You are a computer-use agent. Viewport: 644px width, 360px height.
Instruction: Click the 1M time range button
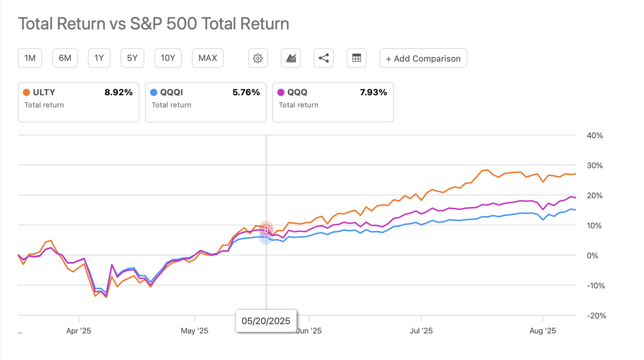[x=30, y=58]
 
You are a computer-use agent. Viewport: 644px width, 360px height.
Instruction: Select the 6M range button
[x=65, y=58]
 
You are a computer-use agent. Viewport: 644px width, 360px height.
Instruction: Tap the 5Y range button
[x=132, y=58]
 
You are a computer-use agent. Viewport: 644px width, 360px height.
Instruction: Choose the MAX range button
[x=208, y=58]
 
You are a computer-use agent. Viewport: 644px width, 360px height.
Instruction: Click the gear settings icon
[x=258, y=58]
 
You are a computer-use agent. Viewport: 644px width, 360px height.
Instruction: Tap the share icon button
[x=324, y=58]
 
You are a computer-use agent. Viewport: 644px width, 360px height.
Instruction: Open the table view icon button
[x=357, y=58]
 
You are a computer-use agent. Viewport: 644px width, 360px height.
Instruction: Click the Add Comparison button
[x=423, y=58]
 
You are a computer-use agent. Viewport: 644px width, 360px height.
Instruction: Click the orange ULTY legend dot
[x=27, y=92]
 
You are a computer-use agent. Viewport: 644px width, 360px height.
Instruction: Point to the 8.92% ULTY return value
[x=119, y=92]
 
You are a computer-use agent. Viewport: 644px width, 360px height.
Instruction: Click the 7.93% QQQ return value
[x=373, y=92]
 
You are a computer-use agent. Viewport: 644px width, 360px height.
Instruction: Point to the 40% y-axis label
[x=594, y=135]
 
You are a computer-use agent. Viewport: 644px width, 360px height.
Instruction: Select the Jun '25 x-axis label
[x=309, y=331]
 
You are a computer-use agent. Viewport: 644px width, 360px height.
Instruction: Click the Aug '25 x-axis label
[x=543, y=331]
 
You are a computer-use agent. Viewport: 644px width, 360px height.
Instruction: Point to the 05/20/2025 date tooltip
[x=266, y=321]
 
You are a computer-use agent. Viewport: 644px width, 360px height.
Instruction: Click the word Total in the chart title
[x=37, y=24]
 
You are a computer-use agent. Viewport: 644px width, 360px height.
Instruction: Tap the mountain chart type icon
[x=291, y=58]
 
